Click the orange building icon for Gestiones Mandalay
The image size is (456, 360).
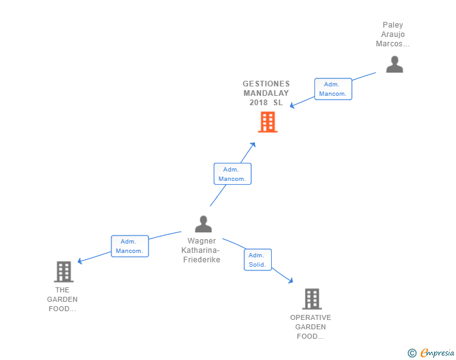click(x=267, y=122)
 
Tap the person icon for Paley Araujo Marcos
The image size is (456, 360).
click(x=395, y=64)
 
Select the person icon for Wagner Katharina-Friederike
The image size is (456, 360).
click(x=203, y=224)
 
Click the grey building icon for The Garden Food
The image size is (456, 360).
click(x=63, y=272)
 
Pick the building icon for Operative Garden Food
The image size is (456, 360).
click(x=311, y=299)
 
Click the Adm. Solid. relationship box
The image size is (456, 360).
click(x=257, y=260)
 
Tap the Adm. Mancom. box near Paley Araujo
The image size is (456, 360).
click(x=333, y=89)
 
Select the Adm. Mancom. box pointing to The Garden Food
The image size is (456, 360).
click(x=130, y=246)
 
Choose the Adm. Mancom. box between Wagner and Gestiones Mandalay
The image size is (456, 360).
click(x=232, y=173)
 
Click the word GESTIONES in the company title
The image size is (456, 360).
click(x=266, y=83)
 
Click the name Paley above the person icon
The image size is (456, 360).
click(x=393, y=26)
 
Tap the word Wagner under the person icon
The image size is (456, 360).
click(x=202, y=241)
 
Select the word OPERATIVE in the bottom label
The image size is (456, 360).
click(x=311, y=317)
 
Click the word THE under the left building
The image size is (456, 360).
click(x=63, y=290)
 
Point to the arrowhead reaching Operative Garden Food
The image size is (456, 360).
click(x=291, y=281)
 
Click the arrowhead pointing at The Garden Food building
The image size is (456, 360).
click(x=80, y=261)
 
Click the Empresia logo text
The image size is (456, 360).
click(x=437, y=353)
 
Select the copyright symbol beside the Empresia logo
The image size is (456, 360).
click(x=412, y=353)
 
